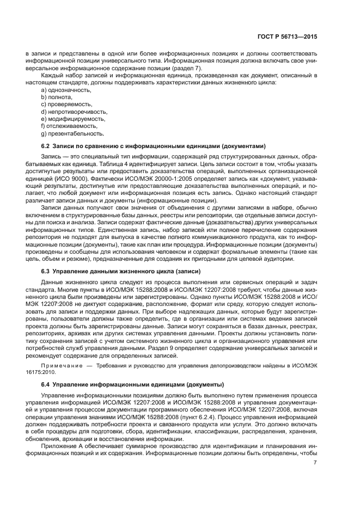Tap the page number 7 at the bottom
(x=315, y=463)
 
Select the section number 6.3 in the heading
(x=46, y=271)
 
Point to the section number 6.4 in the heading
(x=46, y=384)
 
